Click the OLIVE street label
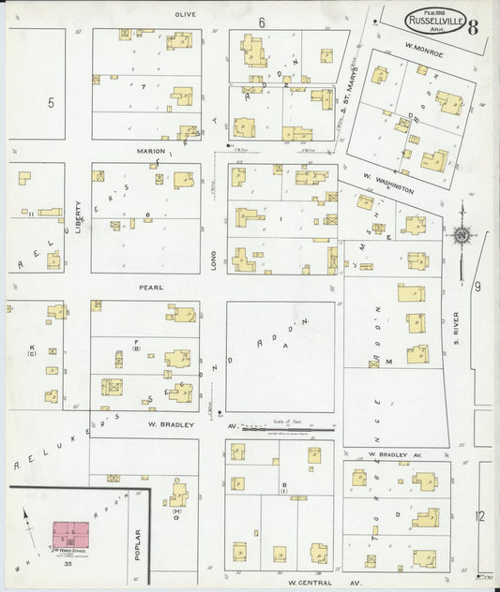[184, 16]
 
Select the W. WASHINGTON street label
[388, 183]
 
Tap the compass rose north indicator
[462, 234]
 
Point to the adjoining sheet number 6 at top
[263, 22]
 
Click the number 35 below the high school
[68, 565]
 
